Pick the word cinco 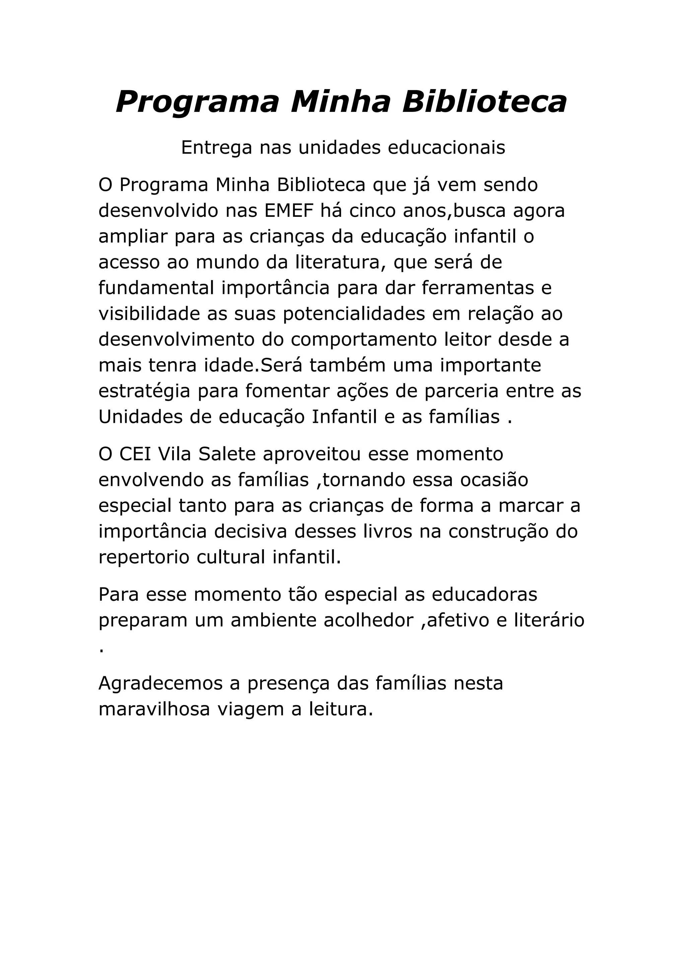coord(373,211)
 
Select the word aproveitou coord(312,454)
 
